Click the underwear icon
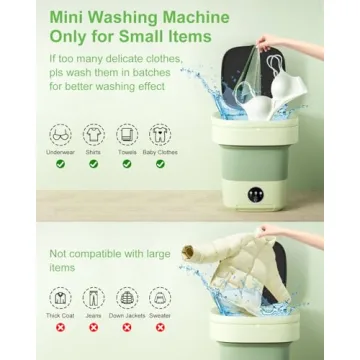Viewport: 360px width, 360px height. tap(61, 135)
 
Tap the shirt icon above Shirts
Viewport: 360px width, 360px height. tap(94, 135)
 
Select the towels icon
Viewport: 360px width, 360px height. tap(127, 135)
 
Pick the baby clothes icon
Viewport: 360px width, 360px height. tap(160, 135)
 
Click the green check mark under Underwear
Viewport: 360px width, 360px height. tap(61, 164)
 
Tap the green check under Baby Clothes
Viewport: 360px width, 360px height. tap(160, 164)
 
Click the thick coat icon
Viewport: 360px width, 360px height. tap(61, 298)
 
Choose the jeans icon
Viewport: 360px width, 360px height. tap(94, 298)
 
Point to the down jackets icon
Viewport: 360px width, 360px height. tap(127, 298)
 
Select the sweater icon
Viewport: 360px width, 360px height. tap(160, 298)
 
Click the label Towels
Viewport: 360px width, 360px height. tap(127, 152)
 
